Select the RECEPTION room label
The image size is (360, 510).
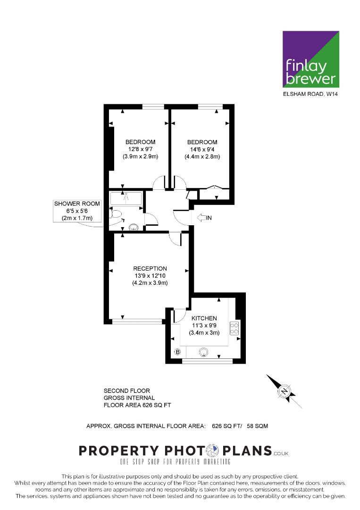[150, 269]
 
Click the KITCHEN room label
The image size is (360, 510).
[204, 318]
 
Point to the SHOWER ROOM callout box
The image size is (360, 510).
[77, 211]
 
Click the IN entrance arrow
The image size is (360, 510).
[204, 218]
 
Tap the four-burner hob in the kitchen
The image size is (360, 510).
[234, 328]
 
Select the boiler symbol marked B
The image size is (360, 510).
[178, 352]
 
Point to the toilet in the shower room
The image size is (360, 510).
[115, 214]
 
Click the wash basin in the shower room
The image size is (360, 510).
[133, 227]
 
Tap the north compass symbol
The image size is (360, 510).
[285, 391]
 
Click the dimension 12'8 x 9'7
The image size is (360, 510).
[140, 149]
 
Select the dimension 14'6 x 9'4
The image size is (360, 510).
[202, 150]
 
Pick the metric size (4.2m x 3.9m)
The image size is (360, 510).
[150, 283]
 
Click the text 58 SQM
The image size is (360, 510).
[257, 426]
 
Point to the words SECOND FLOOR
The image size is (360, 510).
[127, 391]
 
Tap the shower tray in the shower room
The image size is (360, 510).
[126, 199]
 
